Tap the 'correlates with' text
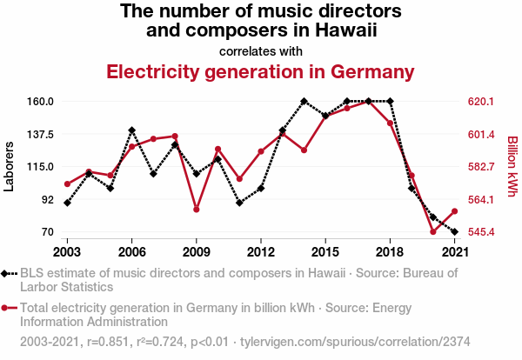[261, 50]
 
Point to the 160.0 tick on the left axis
[40, 102]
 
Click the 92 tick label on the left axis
[47, 199]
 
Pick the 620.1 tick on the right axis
[481, 102]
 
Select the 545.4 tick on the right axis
[481, 232]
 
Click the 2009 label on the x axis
[196, 251]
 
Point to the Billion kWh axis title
[512, 166]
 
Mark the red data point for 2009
[197, 210]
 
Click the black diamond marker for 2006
[131, 130]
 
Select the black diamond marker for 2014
[304, 102]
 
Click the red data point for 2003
[67, 184]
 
